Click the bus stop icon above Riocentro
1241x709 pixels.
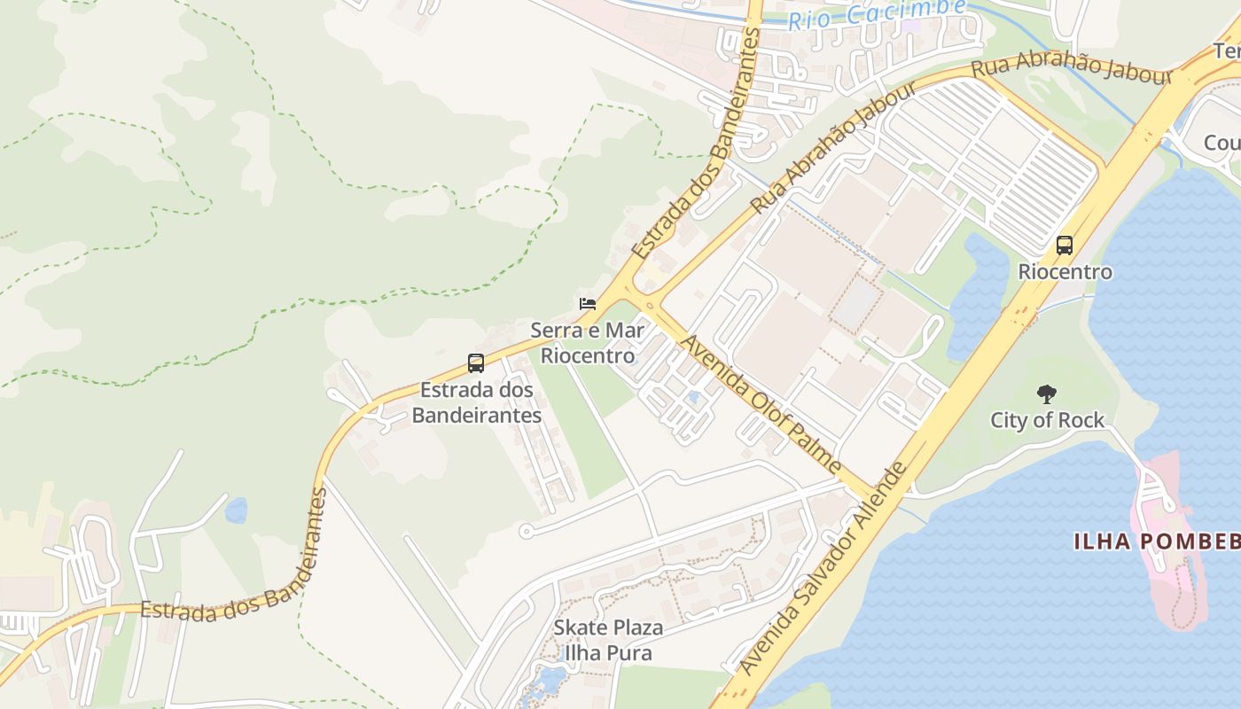(1065, 245)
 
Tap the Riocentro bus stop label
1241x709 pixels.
(1065, 272)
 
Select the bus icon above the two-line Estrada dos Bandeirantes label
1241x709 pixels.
(476, 362)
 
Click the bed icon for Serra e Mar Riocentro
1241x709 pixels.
(587, 304)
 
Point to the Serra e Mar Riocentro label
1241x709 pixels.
(588, 344)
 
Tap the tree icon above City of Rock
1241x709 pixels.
(1047, 394)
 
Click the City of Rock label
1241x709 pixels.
(1047, 420)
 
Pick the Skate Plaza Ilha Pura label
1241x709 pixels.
(608, 641)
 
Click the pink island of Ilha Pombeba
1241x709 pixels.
(1167, 576)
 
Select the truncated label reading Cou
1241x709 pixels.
(1221, 143)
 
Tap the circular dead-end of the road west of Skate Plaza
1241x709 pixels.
(526, 532)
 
